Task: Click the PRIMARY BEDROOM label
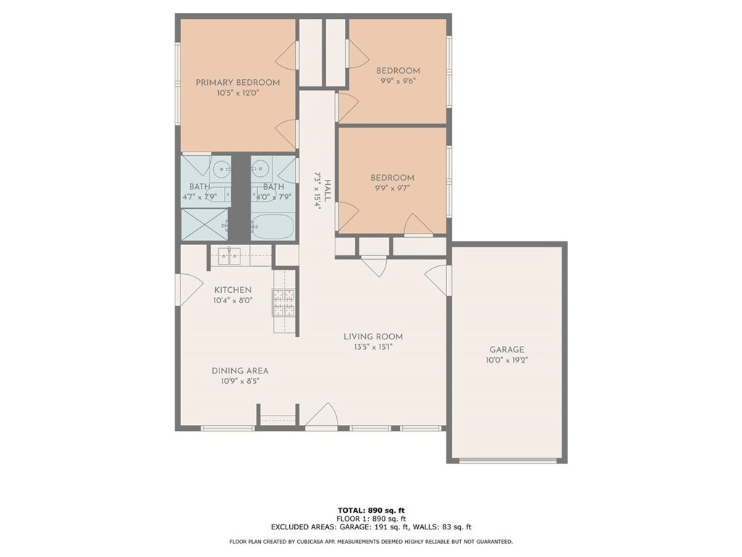pyautogui.click(x=238, y=83)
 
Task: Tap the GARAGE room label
pyautogui.click(x=507, y=350)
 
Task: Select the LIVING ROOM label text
pyautogui.click(x=373, y=337)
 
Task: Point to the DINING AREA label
pyautogui.click(x=240, y=371)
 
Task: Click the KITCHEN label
pyautogui.click(x=233, y=290)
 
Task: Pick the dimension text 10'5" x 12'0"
pyautogui.click(x=238, y=94)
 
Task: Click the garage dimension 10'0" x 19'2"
pyautogui.click(x=507, y=360)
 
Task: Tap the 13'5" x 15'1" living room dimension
pyautogui.click(x=373, y=347)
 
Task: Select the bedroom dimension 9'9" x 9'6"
pyautogui.click(x=398, y=81)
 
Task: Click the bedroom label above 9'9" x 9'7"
pyautogui.click(x=392, y=178)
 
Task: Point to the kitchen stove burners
pyautogui.click(x=283, y=302)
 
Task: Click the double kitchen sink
pyautogui.click(x=230, y=256)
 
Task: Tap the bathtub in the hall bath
pyautogui.click(x=272, y=226)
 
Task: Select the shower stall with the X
pyautogui.click(x=205, y=224)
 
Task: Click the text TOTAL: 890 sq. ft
pyautogui.click(x=371, y=510)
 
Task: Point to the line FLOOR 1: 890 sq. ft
pyautogui.click(x=371, y=519)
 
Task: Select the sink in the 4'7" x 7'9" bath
pyautogui.click(x=220, y=168)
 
